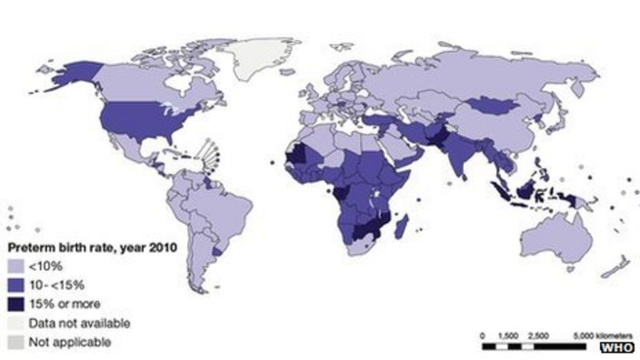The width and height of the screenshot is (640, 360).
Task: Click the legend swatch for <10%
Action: click(16, 266)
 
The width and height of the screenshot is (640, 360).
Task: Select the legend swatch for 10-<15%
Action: click(16, 285)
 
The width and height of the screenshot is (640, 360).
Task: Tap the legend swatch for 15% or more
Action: click(16, 304)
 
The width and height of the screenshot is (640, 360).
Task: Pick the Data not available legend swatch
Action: click(16, 323)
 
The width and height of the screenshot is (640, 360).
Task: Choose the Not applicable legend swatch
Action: click(16, 342)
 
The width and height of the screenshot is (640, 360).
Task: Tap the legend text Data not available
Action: click(78, 323)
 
